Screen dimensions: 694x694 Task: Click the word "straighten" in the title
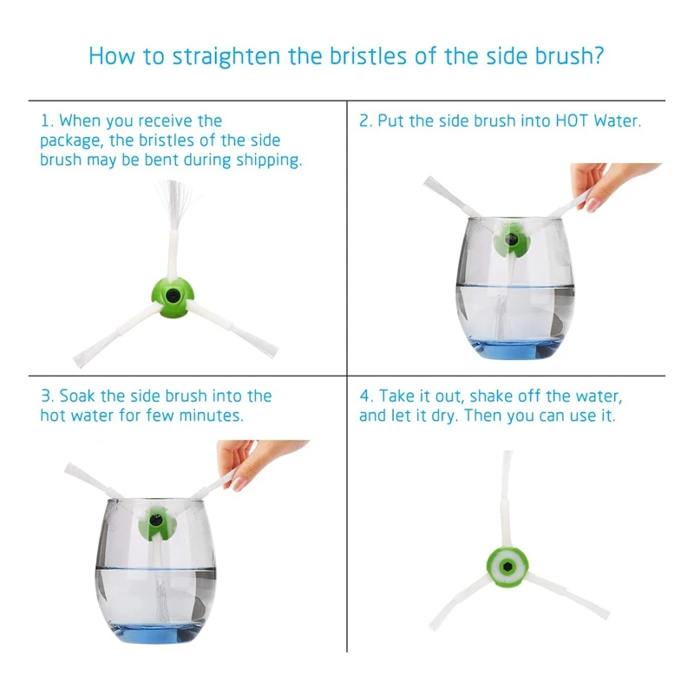(x=226, y=56)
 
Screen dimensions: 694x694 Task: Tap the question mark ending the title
(x=599, y=55)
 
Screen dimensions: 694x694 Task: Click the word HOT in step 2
(x=573, y=121)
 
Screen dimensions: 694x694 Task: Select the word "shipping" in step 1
(x=267, y=160)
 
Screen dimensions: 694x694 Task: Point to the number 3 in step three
(x=46, y=396)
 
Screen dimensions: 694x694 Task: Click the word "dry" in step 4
(x=444, y=416)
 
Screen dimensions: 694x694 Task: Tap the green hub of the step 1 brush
(x=172, y=297)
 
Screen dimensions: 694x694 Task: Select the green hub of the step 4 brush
(x=507, y=567)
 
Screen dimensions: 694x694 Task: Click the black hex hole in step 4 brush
(x=507, y=567)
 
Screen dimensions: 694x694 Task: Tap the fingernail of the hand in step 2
(x=593, y=205)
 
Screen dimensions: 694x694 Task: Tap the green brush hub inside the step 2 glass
(x=511, y=240)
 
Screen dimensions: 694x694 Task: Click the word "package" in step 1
(x=70, y=141)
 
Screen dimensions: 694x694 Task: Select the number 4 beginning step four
(x=364, y=396)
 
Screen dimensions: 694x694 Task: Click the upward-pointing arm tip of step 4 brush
(x=508, y=453)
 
